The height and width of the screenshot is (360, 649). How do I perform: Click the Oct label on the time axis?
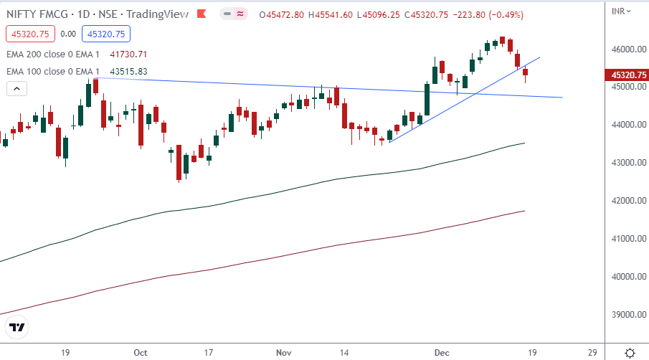[141, 353]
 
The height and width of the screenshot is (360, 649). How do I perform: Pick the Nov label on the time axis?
[283, 353]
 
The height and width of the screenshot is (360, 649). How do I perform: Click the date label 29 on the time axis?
[592, 353]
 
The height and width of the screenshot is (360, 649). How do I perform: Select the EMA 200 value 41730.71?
[128, 54]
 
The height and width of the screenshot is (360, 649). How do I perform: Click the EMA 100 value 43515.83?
[128, 71]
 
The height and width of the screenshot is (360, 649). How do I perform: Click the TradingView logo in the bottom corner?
[17, 328]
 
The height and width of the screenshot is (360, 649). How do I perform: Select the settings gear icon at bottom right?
[629, 353]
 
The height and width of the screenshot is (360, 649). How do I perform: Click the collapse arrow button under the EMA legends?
[17, 89]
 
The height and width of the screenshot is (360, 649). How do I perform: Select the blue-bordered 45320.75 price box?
[105, 33]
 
